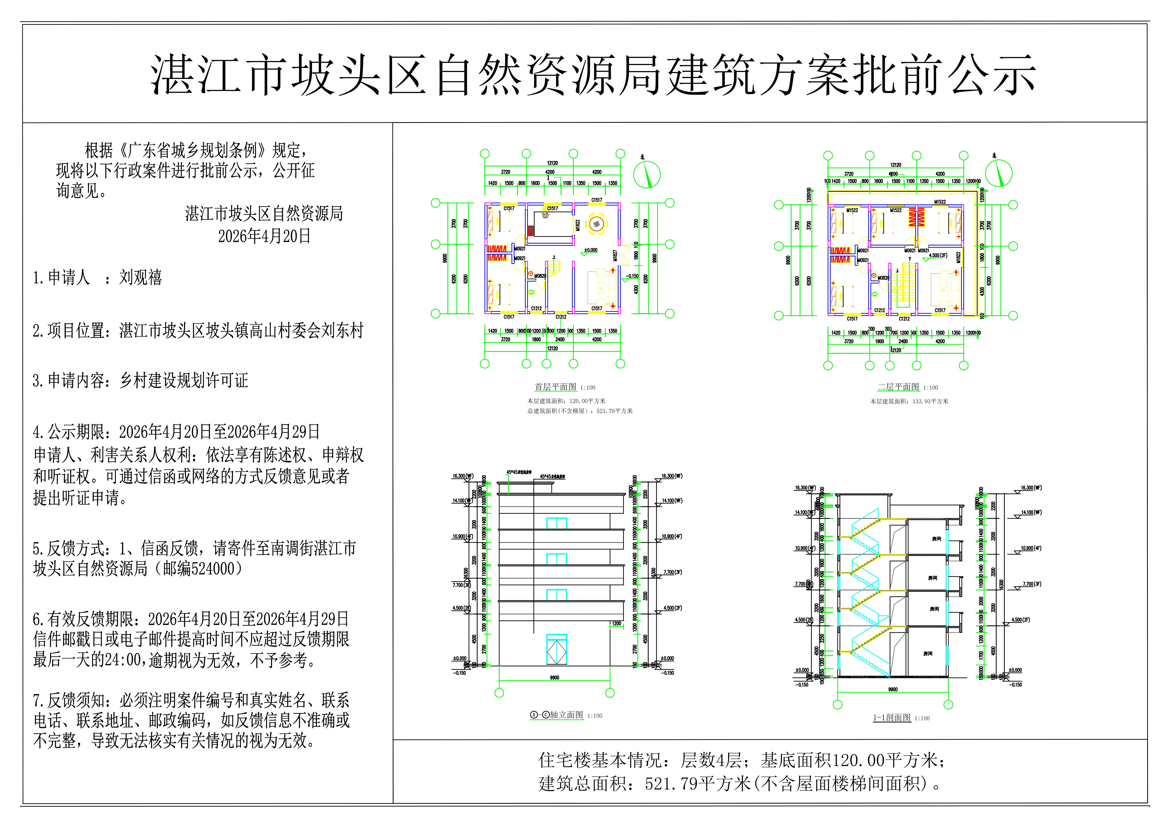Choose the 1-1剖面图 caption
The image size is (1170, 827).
click(892, 717)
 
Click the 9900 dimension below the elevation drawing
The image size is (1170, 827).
click(554, 678)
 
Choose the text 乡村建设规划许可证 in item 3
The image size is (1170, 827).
click(183, 380)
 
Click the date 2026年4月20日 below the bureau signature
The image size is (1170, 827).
click(264, 236)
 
